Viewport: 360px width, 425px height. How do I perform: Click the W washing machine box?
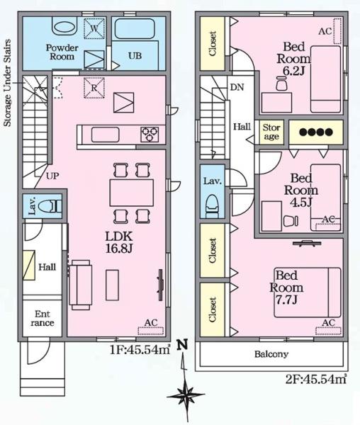coord(94,28)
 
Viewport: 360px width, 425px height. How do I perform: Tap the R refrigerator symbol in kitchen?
coord(94,88)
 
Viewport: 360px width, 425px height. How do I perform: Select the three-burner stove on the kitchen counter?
coord(150,134)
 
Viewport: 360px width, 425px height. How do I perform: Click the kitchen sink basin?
coord(105,135)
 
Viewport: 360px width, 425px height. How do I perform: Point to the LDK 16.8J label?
coord(119,242)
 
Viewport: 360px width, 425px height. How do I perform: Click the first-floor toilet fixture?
coord(50,207)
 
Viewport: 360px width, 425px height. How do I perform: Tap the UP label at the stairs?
coord(52,176)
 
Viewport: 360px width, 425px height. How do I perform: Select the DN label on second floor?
coord(237,87)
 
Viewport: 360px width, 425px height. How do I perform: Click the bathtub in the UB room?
coord(135,29)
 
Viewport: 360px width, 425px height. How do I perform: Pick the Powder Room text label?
coord(62,52)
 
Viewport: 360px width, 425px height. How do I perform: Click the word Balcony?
coord(271,354)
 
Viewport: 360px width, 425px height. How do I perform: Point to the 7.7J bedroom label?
coord(286,288)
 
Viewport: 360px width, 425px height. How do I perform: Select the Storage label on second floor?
coord(271,132)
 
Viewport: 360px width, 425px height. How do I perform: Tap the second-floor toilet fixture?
coord(213,207)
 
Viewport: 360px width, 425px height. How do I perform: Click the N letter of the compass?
coord(182,345)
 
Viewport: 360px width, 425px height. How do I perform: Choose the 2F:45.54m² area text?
coord(316,379)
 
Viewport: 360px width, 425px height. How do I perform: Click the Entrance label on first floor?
coord(43,319)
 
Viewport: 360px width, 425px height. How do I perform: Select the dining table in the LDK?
coord(132,193)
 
